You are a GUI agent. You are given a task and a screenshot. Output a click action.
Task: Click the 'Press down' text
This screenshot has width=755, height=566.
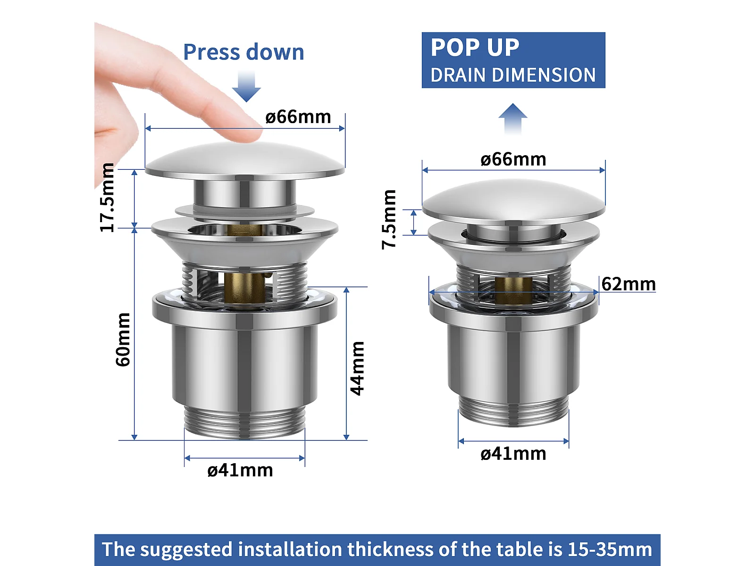coord(243,52)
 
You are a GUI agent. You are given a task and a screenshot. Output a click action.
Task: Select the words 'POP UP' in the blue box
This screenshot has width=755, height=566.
coord(475,48)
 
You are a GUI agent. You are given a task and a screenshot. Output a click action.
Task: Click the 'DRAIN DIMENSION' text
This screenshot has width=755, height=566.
coord(513,75)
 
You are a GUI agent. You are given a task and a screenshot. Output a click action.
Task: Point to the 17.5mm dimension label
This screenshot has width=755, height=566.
coord(107,198)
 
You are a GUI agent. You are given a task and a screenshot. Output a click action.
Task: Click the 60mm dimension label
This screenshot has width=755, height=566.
coord(123,339)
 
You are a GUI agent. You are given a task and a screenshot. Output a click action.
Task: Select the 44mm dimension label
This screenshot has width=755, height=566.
coord(357,368)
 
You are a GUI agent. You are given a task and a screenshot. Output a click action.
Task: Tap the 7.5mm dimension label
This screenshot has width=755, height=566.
coord(389,219)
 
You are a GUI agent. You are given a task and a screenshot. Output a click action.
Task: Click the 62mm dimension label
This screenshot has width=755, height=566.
coord(629,284)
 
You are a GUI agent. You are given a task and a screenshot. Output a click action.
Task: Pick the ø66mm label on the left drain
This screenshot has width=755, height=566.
coord(298,117)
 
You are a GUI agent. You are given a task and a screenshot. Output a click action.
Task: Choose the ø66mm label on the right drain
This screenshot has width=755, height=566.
coord(513,159)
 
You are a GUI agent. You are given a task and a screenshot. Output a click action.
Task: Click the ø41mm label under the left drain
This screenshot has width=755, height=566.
coord(240,470)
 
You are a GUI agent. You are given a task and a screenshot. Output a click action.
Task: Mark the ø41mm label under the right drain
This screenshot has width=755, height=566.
coord(513,454)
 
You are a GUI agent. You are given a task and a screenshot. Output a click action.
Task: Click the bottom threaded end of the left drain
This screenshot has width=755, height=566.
coord(244,422)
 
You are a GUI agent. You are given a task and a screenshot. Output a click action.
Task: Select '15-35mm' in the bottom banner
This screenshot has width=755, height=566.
coord(610,549)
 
